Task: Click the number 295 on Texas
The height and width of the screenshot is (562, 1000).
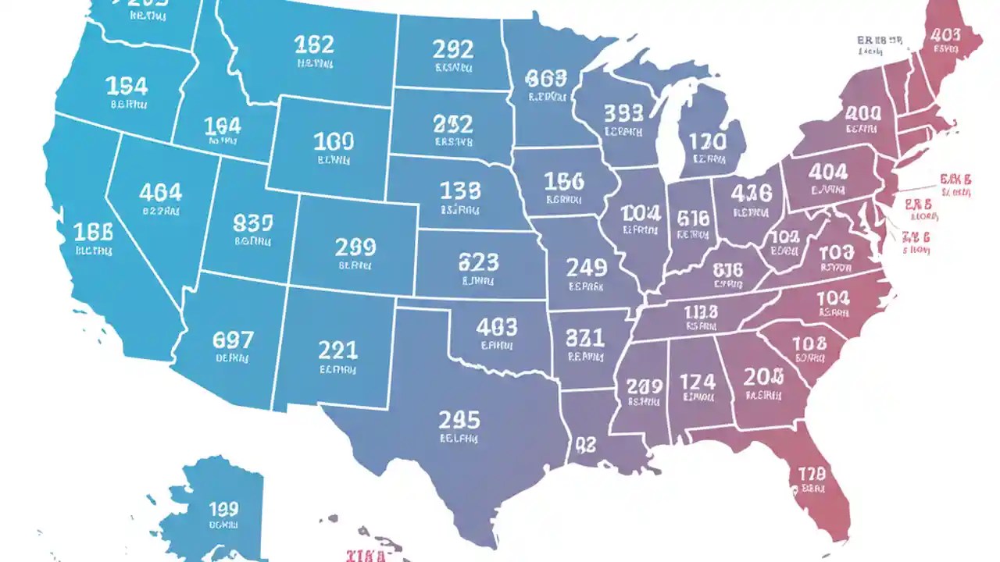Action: pyautogui.click(x=459, y=420)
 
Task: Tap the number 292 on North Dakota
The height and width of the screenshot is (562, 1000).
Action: pyautogui.click(x=452, y=49)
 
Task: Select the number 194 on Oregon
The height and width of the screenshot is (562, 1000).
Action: pyautogui.click(x=127, y=85)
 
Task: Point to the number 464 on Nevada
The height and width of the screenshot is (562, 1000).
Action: pyautogui.click(x=160, y=192)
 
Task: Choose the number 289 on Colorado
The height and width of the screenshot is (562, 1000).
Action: pyautogui.click(x=355, y=247)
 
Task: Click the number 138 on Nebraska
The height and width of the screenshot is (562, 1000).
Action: pyautogui.click(x=460, y=190)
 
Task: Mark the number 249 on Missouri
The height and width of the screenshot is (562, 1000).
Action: pyautogui.click(x=586, y=268)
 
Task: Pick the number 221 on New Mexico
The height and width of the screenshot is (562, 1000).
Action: pyautogui.click(x=337, y=350)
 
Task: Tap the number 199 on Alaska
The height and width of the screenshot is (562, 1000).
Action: pyautogui.click(x=223, y=510)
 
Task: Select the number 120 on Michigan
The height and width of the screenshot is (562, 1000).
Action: pyautogui.click(x=706, y=142)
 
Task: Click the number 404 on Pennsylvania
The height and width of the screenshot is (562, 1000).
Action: pyautogui.click(x=828, y=171)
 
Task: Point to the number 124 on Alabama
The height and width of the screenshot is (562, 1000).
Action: pyautogui.click(x=697, y=382)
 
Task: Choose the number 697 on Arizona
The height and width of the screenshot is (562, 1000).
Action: pyautogui.click(x=233, y=340)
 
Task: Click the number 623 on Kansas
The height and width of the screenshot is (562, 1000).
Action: pyautogui.click(x=478, y=261)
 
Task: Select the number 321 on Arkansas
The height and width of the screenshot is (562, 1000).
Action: pyautogui.click(x=584, y=337)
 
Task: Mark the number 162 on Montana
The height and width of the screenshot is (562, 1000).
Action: pyautogui.click(x=314, y=44)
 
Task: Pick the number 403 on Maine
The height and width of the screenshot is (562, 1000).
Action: pyautogui.click(x=945, y=34)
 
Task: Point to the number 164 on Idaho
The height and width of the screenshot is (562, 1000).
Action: pyautogui.click(x=223, y=126)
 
